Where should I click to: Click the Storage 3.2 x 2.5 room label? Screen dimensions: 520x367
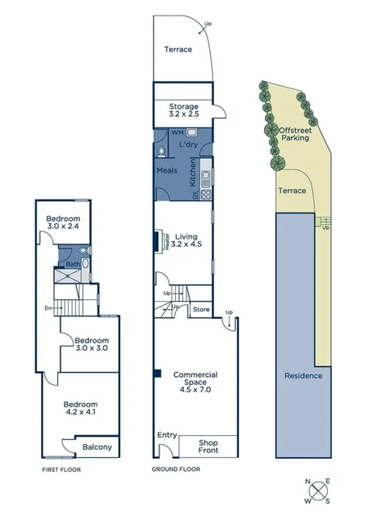click(x=184, y=111)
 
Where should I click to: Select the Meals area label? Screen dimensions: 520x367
click(x=168, y=171)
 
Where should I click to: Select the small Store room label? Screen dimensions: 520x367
click(x=201, y=310)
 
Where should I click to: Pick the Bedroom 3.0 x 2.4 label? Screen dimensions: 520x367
click(x=62, y=223)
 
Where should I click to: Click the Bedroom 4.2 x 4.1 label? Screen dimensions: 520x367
click(x=81, y=409)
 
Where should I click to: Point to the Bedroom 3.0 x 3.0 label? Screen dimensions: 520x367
click(x=91, y=343)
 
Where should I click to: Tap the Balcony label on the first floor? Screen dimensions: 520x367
click(x=96, y=447)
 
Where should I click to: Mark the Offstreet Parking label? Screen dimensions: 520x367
click(x=294, y=134)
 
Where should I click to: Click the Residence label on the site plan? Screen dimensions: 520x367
click(x=303, y=376)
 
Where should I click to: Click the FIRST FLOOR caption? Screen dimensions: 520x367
click(x=60, y=470)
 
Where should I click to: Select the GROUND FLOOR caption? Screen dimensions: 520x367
click(x=176, y=470)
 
